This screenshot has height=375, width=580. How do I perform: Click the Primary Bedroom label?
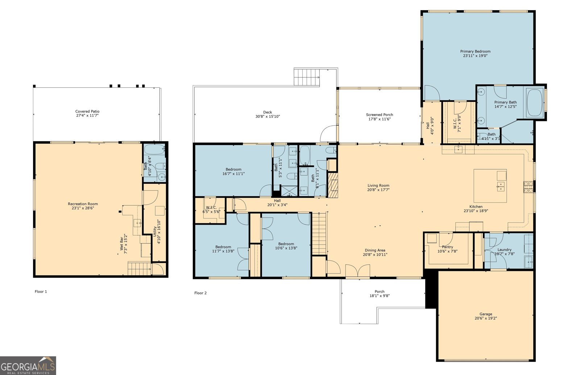475,51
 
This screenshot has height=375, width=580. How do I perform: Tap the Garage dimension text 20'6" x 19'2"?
486,318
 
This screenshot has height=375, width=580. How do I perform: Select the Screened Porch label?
379,114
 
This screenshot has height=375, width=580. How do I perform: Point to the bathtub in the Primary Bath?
535,103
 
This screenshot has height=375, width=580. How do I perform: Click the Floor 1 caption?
41,291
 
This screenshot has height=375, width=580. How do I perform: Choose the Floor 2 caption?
200,293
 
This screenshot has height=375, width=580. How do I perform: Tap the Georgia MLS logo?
28,366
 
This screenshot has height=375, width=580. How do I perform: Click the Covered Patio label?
87,111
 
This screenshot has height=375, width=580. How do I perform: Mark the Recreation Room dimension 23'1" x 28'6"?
83,208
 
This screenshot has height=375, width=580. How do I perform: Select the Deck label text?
268,112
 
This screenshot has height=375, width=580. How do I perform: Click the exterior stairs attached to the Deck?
307,76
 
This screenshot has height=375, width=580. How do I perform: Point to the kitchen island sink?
500,186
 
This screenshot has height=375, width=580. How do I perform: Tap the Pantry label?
447,247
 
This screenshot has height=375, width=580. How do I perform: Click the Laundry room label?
504,250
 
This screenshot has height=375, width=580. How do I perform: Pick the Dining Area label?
375,250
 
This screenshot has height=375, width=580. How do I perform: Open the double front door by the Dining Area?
357,271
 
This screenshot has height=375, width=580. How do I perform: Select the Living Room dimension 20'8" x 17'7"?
378,190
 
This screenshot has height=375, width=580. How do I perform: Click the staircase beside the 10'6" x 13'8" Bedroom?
319,234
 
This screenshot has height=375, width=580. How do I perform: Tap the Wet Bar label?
121,243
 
